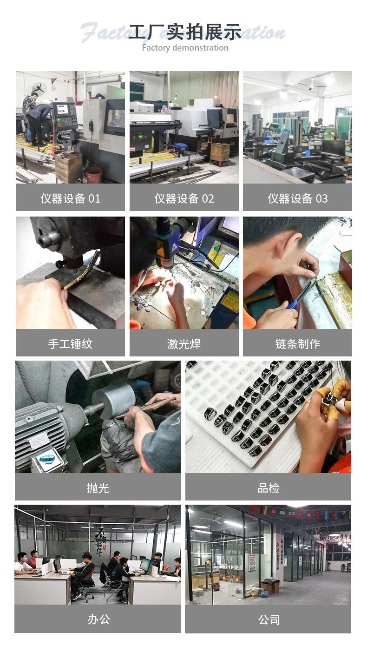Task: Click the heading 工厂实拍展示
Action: coord(185,32)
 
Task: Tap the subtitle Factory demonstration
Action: coord(185,47)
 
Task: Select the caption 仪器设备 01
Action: coord(70,198)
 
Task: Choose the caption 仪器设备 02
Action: coord(184,198)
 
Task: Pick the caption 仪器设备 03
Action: coord(297,198)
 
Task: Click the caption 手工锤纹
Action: coord(70,344)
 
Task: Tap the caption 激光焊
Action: coord(184,344)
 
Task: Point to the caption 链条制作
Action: coord(297,344)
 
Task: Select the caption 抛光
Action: coord(98,487)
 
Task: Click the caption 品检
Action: coord(269,487)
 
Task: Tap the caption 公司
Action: coord(269,619)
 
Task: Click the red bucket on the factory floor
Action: coord(94,175)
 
